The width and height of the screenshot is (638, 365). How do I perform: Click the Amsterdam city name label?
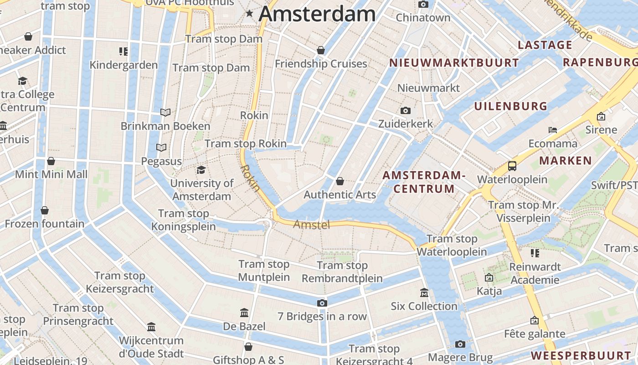(x=317, y=14)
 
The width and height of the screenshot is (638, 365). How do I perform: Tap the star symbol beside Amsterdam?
(x=249, y=14)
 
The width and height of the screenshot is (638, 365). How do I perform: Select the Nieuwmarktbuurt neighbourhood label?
(x=454, y=63)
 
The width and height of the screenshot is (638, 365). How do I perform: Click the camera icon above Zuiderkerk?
(x=405, y=111)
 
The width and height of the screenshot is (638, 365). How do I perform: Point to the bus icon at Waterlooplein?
(x=512, y=166)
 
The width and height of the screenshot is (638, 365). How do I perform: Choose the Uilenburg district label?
(x=511, y=106)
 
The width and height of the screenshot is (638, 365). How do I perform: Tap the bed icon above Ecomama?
(x=553, y=130)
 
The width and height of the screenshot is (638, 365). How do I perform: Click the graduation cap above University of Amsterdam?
(x=201, y=170)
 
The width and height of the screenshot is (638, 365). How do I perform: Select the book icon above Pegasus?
(x=161, y=147)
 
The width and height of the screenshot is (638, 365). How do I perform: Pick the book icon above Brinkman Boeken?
(x=165, y=112)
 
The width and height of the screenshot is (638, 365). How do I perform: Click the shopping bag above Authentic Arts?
(x=340, y=182)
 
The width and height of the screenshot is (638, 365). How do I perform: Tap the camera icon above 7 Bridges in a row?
(x=322, y=303)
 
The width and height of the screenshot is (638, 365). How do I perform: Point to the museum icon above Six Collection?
(x=424, y=292)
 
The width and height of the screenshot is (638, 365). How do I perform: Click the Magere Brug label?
(x=460, y=358)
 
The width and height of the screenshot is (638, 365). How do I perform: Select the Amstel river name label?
(x=312, y=224)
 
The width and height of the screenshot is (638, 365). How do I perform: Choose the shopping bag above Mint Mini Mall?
(x=51, y=161)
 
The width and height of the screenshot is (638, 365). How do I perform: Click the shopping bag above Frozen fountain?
(x=45, y=210)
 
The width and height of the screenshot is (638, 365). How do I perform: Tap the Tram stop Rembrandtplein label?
(x=342, y=272)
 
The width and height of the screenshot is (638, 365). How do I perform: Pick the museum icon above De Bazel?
(x=244, y=313)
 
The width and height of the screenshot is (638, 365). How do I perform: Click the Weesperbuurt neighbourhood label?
(x=581, y=355)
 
